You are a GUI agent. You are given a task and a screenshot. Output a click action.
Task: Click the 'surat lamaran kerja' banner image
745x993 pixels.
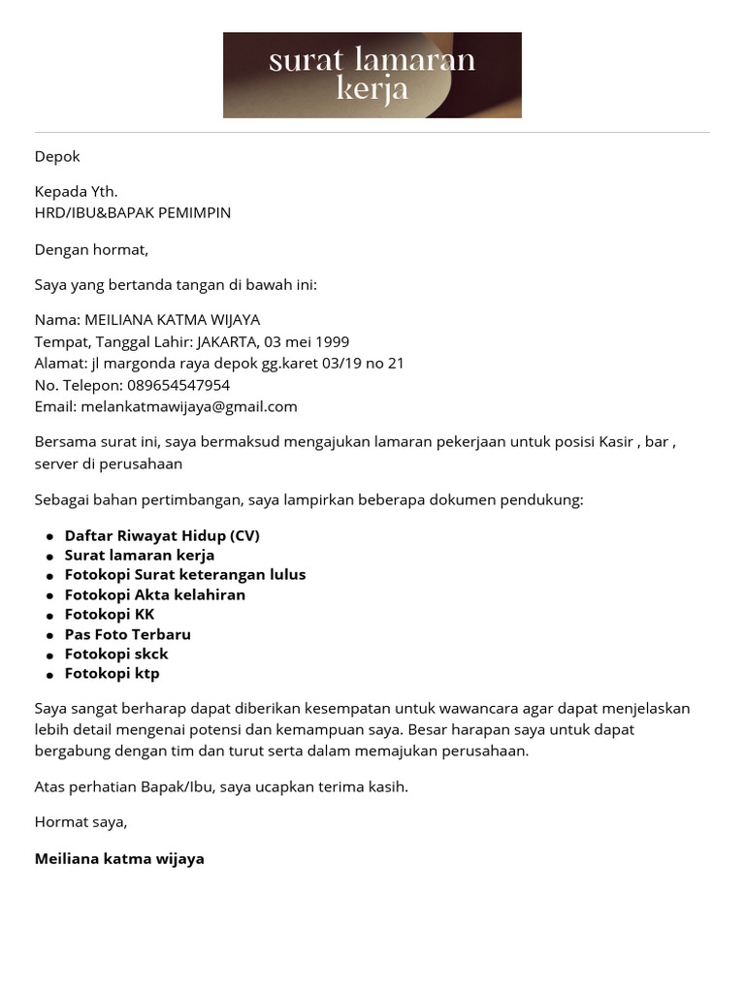[x=372, y=75]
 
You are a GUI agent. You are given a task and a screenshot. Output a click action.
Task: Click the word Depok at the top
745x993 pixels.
[x=57, y=156]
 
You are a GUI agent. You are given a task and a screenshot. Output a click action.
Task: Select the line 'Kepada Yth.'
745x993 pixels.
[x=76, y=191]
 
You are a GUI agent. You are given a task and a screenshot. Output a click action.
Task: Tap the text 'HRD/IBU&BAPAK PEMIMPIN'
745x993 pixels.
[x=133, y=212]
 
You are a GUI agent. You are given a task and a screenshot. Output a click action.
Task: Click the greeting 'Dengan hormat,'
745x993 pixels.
[x=91, y=249]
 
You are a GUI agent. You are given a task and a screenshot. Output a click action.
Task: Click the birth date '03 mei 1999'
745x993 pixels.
[x=306, y=341]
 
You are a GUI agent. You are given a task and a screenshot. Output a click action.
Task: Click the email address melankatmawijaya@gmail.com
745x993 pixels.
[x=189, y=406]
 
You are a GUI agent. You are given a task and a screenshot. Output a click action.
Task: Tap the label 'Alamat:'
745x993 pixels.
[x=61, y=363]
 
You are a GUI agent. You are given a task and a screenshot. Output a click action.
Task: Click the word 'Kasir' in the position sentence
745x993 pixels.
[x=615, y=442]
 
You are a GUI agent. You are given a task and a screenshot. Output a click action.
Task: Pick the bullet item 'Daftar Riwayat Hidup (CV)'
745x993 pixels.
[x=162, y=535]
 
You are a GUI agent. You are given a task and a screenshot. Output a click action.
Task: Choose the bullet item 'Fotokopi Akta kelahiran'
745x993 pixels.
[x=155, y=594]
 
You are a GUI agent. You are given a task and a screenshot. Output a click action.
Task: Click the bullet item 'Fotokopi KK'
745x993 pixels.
[x=110, y=614]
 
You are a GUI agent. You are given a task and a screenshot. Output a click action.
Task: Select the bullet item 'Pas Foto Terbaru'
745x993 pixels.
[x=128, y=634]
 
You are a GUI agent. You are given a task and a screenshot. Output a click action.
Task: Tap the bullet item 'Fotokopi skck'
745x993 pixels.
[x=116, y=654]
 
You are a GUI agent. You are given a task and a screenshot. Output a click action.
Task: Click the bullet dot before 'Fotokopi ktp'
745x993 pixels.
[x=49, y=674]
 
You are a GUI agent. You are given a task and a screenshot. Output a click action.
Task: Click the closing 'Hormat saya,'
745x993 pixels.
[x=81, y=821]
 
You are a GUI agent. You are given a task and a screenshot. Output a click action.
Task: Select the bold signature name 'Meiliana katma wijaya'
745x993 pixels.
[x=119, y=858]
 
